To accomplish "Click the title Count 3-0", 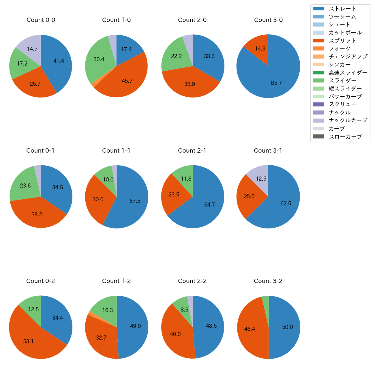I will coord(268,20).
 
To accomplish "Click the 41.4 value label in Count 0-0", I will coord(59,61).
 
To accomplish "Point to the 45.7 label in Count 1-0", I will coord(127,81).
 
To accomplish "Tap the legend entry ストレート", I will coord(342,9).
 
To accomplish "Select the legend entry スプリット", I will coord(342,41).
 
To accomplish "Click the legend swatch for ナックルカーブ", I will coord(318,121).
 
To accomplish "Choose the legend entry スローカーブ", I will coord(345,137).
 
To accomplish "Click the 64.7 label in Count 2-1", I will coord(209,205).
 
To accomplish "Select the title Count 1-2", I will coord(117,281).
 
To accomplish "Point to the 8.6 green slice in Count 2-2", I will coord(183,309).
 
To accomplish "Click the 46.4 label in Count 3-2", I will coord(250,329).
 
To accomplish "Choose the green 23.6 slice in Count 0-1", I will coord(25,185).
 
